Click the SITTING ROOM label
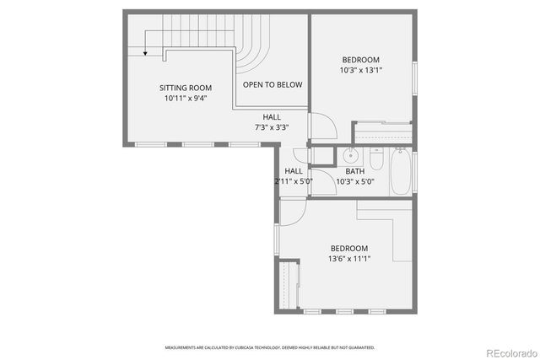point(186,88)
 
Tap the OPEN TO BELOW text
point(273,85)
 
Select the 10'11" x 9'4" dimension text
point(186,99)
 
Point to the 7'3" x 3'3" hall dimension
point(272,127)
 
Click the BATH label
point(355,171)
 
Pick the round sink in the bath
point(350,155)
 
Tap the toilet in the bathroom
point(376,159)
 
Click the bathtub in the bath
point(401,172)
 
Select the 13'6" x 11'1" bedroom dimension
point(348,259)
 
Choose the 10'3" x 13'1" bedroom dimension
point(360,70)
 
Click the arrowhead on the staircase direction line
point(145,52)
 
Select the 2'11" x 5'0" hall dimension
point(294,181)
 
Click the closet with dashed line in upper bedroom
point(382,132)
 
